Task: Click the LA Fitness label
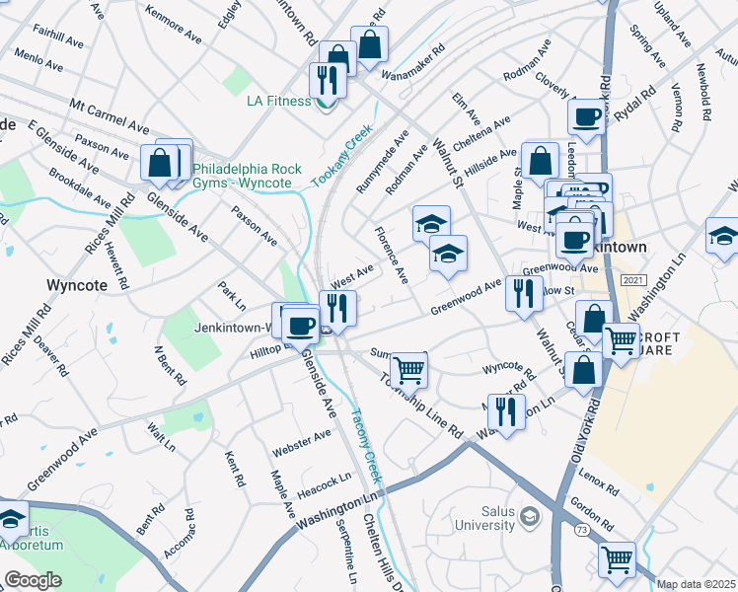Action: (279, 101)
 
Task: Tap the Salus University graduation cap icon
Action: (530, 516)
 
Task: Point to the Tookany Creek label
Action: (344, 154)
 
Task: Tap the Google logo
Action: (33, 580)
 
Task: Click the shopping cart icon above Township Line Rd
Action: (408, 369)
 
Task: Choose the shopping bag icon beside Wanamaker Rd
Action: (370, 44)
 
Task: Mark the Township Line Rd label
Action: (427, 407)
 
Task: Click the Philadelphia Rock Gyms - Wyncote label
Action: (247, 176)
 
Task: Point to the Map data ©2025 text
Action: (696, 584)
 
